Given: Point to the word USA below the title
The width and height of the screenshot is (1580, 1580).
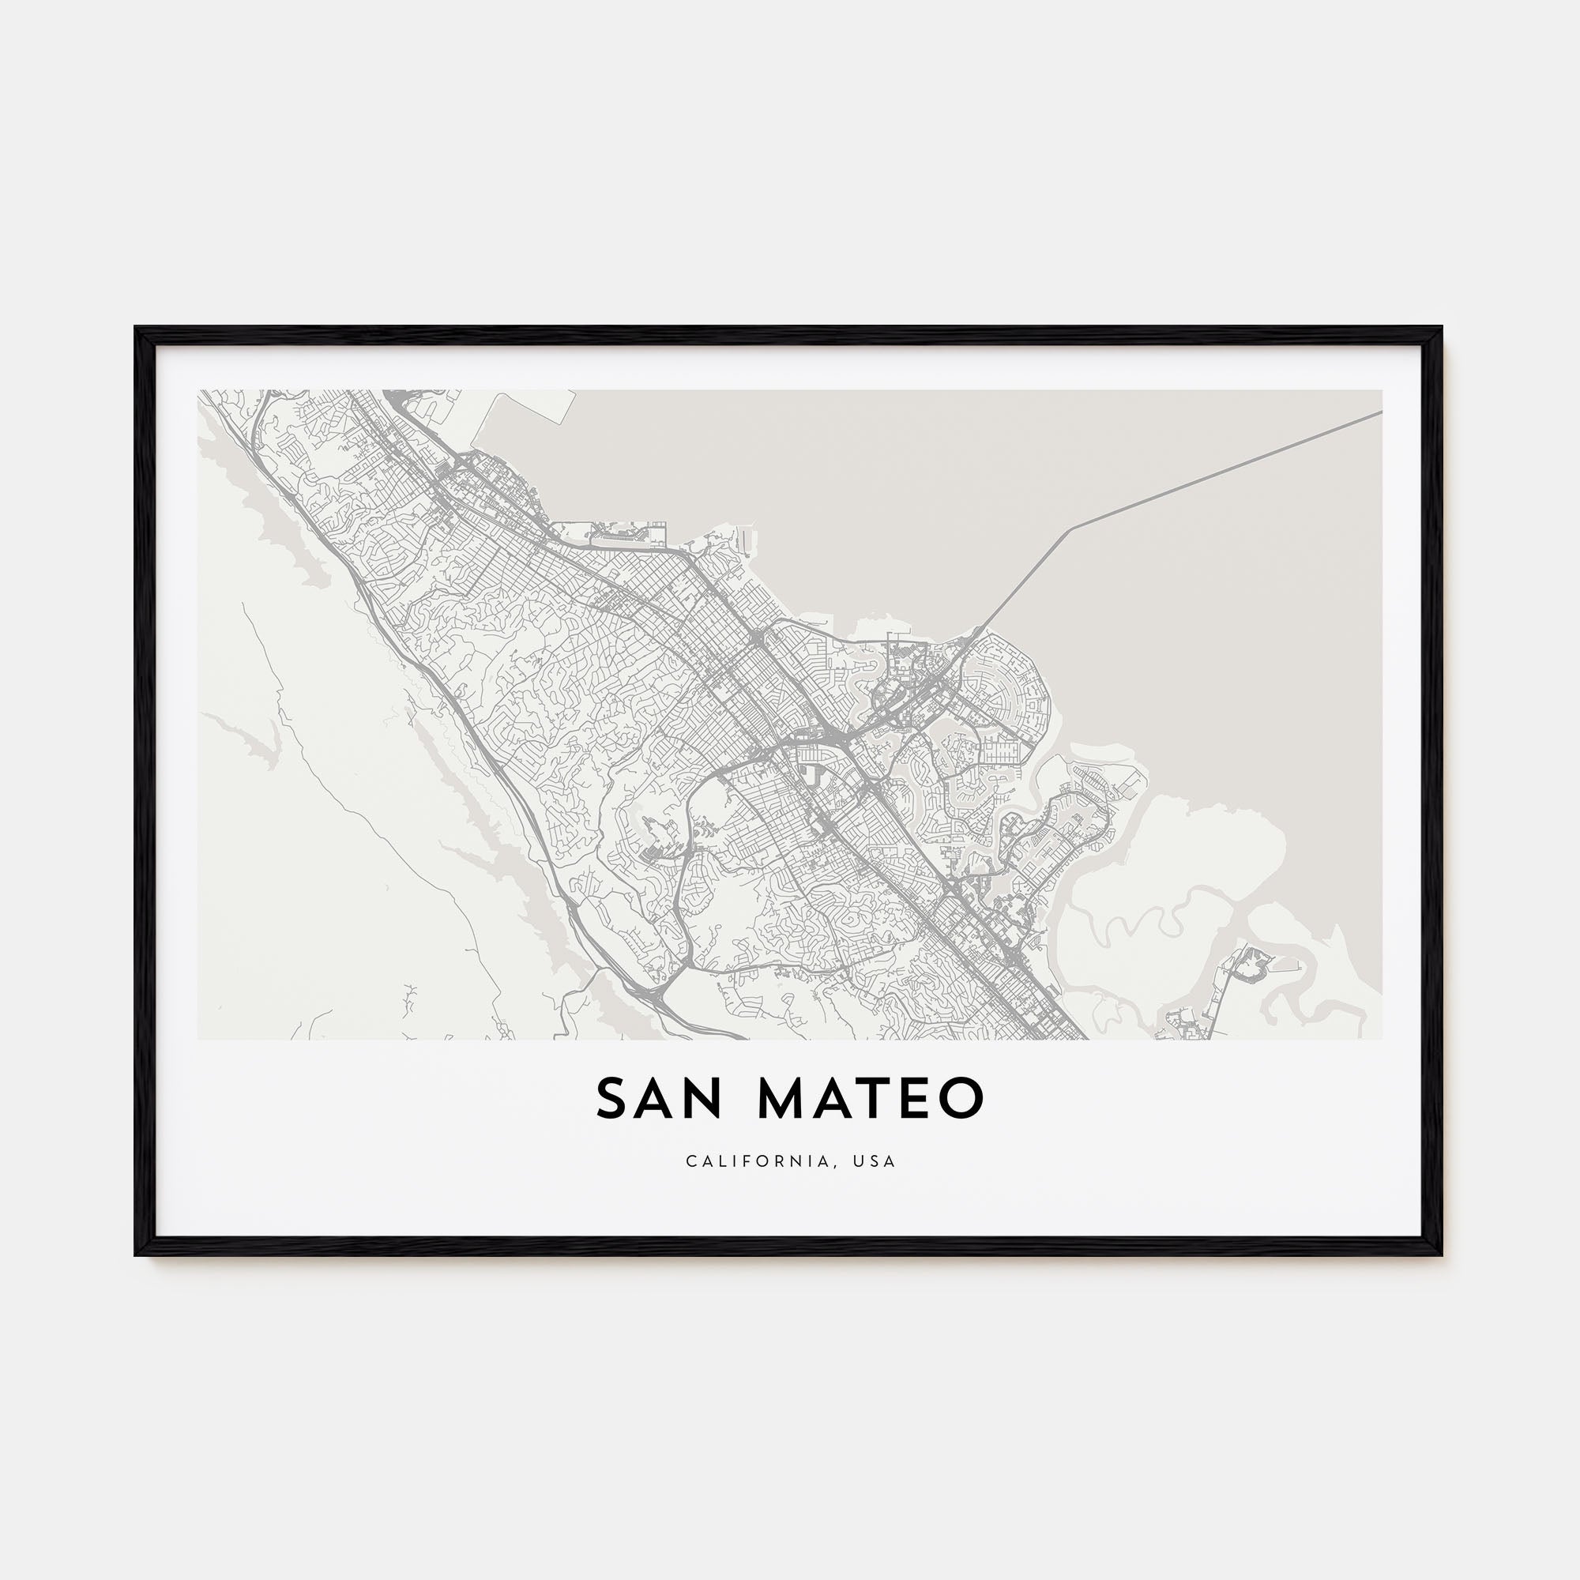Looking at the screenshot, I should [878, 1161].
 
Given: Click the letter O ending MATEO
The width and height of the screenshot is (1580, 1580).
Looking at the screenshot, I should [961, 1099].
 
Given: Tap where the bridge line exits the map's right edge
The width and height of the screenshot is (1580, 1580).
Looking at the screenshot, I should [1380, 412].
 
